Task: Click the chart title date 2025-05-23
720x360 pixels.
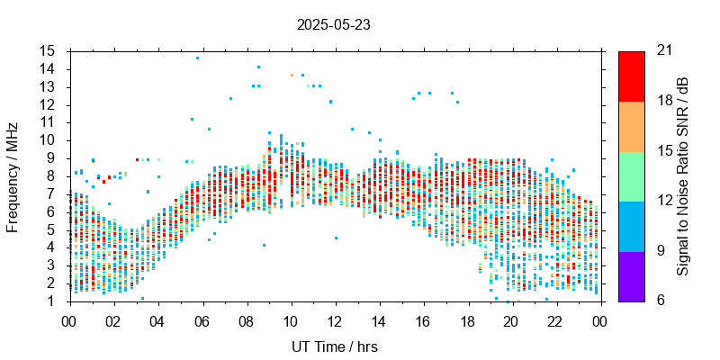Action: [333, 25]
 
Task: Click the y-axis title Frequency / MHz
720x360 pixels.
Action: [13, 176]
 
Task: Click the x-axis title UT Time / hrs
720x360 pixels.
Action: [335, 346]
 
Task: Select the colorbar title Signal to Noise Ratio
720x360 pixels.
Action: [683, 176]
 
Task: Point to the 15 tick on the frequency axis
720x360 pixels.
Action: [48, 51]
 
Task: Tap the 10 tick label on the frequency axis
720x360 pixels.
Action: [48, 140]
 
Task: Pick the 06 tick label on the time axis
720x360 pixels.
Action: [202, 320]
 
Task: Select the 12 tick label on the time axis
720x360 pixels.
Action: [335, 320]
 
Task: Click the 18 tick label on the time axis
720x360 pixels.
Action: [467, 320]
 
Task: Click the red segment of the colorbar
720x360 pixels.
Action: [632, 76]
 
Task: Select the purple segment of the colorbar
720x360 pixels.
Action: [632, 276]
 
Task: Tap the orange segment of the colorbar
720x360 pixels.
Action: [632, 126]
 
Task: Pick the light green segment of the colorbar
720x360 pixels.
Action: [632, 176]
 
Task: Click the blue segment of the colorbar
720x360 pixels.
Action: [632, 226]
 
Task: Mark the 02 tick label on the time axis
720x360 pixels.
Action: [113, 320]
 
